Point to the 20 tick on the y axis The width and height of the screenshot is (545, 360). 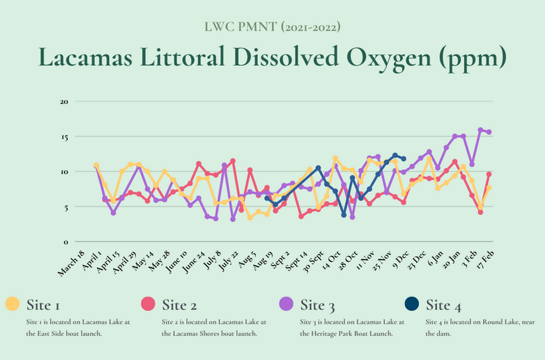tap(65, 102)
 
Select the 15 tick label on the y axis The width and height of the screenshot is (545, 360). tap(65, 136)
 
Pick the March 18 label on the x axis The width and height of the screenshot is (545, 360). tap(71, 262)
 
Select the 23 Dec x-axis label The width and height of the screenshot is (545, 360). tap(415, 261)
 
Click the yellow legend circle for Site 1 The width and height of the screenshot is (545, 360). tap(12, 305)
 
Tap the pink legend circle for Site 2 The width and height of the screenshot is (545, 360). tap(148, 305)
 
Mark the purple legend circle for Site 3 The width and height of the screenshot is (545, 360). tap(286, 305)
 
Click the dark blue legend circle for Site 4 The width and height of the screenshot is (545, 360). tap(410, 305)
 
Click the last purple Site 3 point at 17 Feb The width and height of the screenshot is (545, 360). tap(489, 132)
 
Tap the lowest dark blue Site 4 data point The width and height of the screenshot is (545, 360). tap(344, 215)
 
